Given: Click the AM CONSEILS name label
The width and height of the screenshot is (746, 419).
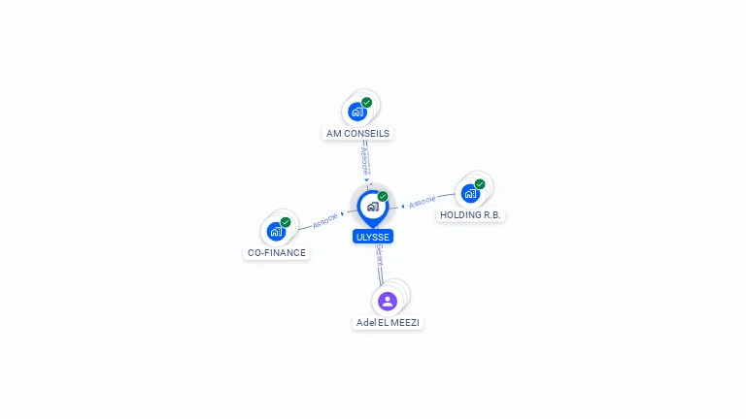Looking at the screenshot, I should pyautogui.click(x=358, y=133).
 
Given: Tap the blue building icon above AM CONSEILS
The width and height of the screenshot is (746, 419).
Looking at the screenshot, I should pyautogui.click(x=357, y=112).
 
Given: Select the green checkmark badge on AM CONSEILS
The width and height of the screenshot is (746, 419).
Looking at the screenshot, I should pyautogui.click(x=367, y=102).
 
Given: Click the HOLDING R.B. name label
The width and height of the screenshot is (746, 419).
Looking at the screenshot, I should pyautogui.click(x=471, y=214).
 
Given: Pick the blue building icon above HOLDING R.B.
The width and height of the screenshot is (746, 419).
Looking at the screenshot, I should pyautogui.click(x=470, y=193).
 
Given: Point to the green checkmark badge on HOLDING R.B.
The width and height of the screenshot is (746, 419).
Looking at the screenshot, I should pyautogui.click(x=480, y=183).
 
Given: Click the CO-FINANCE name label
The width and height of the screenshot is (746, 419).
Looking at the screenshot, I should pyautogui.click(x=277, y=253).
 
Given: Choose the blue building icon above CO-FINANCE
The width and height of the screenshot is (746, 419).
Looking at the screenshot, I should pyautogui.click(x=276, y=232).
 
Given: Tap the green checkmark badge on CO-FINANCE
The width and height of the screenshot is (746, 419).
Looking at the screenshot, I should pyautogui.click(x=286, y=222).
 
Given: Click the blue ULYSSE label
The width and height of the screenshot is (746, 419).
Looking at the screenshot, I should pyautogui.click(x=373, y=237).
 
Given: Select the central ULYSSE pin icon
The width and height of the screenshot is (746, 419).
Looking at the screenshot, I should pyautogui.click(x=373, y=207).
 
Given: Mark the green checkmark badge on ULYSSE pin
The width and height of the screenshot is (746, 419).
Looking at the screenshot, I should pyautogui.click(x=383, y=196).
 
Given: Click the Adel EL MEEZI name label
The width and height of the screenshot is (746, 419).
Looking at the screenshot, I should pyautogui.click(x=389, y=322).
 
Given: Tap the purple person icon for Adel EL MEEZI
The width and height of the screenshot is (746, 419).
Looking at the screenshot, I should pyautogui.click(x=388, y=301).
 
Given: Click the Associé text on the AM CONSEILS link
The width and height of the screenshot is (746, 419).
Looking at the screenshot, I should pyautogui.click(x=364, y=157).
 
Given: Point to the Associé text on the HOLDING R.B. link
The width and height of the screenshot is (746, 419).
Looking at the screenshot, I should pyautogui.click(x=423, y=202).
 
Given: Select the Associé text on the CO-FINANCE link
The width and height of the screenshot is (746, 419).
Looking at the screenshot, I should pyautogui.click(x=325, y=219).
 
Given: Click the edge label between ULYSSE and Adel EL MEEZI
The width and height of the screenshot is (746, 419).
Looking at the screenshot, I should pyautogui.click(x=379, y=257).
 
